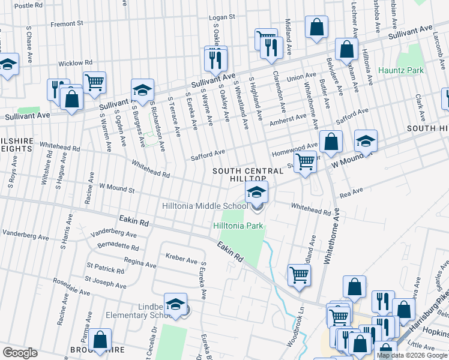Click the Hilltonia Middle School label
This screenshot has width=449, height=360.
pos(204,206)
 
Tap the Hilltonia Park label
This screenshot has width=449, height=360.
pos(238,226)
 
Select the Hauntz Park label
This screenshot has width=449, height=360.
pos(401,70)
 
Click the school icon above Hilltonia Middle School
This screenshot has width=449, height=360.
pos(256,194)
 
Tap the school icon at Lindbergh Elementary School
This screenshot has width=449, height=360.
pos(175,305)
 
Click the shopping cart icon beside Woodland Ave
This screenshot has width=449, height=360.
pos(299,275)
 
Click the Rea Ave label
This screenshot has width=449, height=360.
pos(352,191)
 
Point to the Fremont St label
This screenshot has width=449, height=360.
pos(67,23)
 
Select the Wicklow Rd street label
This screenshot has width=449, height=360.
pos(75,62)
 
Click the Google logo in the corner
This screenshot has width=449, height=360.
pos(20,352)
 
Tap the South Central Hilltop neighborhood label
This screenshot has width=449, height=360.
pos(240,175)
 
